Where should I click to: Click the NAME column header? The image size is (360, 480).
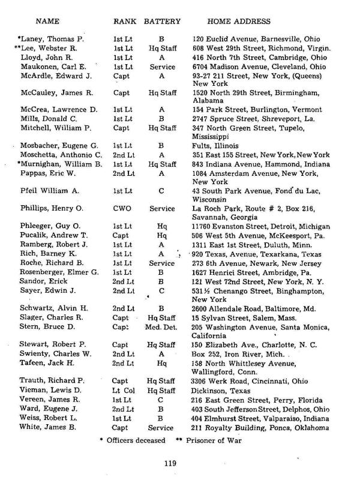coord(47,22)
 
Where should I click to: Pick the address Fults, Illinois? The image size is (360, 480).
coord(219,146)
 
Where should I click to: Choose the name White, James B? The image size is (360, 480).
coord(50,428)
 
